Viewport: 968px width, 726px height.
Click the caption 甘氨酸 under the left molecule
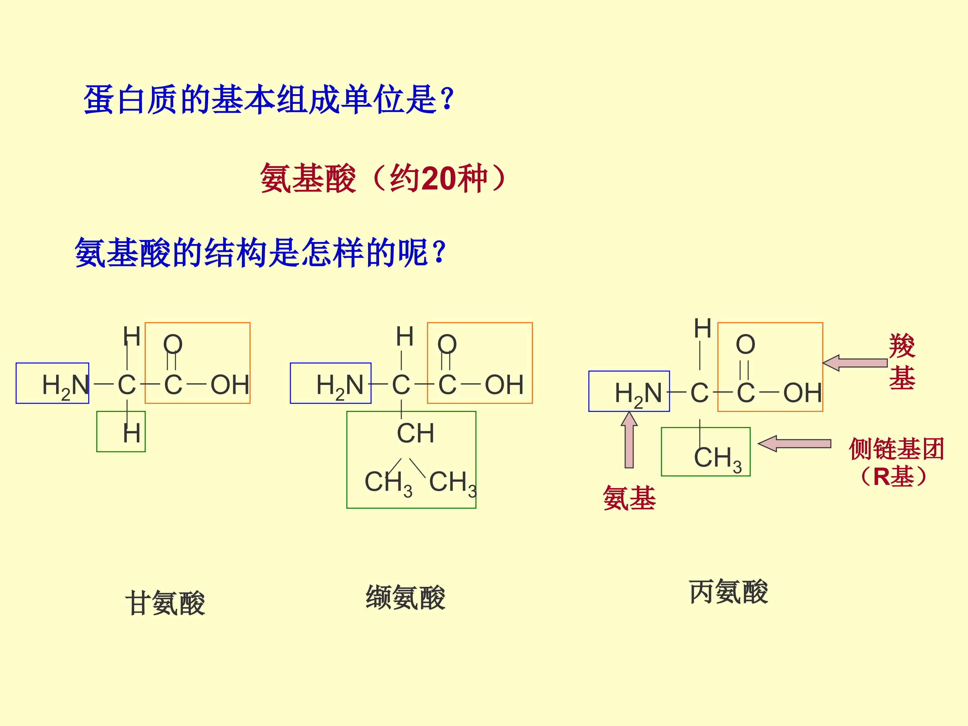pos(165,603)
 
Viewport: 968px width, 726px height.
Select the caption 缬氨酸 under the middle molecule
pos(406,597)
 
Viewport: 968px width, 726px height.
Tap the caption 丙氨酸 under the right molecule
pos(729,592)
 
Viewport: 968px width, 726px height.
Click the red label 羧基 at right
pos(902,362)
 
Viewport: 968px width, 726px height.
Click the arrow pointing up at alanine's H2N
pos(629,440)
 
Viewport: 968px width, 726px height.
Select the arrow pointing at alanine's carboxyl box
pos(855,363)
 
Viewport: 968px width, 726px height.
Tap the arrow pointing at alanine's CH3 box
pos(794,443)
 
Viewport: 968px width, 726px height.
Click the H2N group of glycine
pos(66,386)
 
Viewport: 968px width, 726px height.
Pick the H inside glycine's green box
pos(131,433)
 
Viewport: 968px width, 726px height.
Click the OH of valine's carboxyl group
pos(504,385)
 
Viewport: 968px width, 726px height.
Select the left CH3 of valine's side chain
pos(388,483)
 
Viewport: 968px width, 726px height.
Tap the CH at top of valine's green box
pos(415,433)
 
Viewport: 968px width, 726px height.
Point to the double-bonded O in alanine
pos(745,345)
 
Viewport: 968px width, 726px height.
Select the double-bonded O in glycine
pos(172,345)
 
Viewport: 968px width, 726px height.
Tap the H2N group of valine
pos(340,386)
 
